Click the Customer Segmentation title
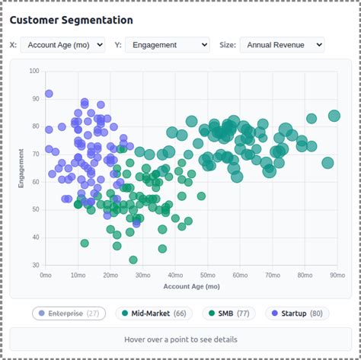(72, 20)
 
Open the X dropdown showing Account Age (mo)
(62, 45)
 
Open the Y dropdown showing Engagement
(168, 45)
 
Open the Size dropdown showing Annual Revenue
(282, 45)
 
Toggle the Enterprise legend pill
(69, 314)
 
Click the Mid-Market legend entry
(154, 314)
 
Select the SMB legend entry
(228, 314)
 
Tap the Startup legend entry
(297, 314)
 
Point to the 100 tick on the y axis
(34, 71)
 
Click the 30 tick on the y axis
(36, 265)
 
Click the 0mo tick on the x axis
(46, 276)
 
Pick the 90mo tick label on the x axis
(337, 276)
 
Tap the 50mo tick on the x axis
(208, 276)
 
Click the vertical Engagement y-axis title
(21, 168)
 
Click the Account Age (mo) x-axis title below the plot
(192, 286)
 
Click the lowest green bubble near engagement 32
(133, 260)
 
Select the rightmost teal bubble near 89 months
(334, 116)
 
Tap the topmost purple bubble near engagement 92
(49, 94)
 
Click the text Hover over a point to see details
(180, 339)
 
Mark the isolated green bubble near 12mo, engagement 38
(85, 244)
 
